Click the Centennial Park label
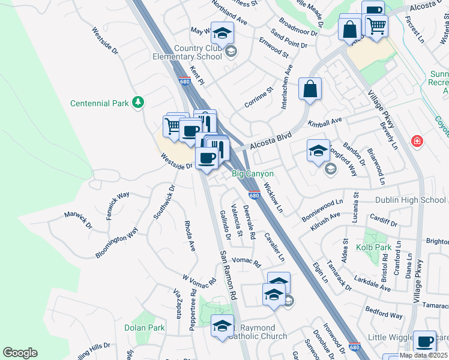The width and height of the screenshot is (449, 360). pos(100,103)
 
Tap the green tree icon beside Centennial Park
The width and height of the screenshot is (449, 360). pos(139,103)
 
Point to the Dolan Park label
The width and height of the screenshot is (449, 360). pos(144,328)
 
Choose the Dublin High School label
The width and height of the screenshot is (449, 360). pos(411,200)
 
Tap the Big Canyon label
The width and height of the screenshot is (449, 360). pos(253,173)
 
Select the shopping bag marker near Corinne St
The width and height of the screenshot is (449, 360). pos(310,89)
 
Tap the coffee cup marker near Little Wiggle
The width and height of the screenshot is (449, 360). pos(424,342)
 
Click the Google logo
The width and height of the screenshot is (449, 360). pos(20,352)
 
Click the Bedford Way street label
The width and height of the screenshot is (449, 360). pos(384,314)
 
